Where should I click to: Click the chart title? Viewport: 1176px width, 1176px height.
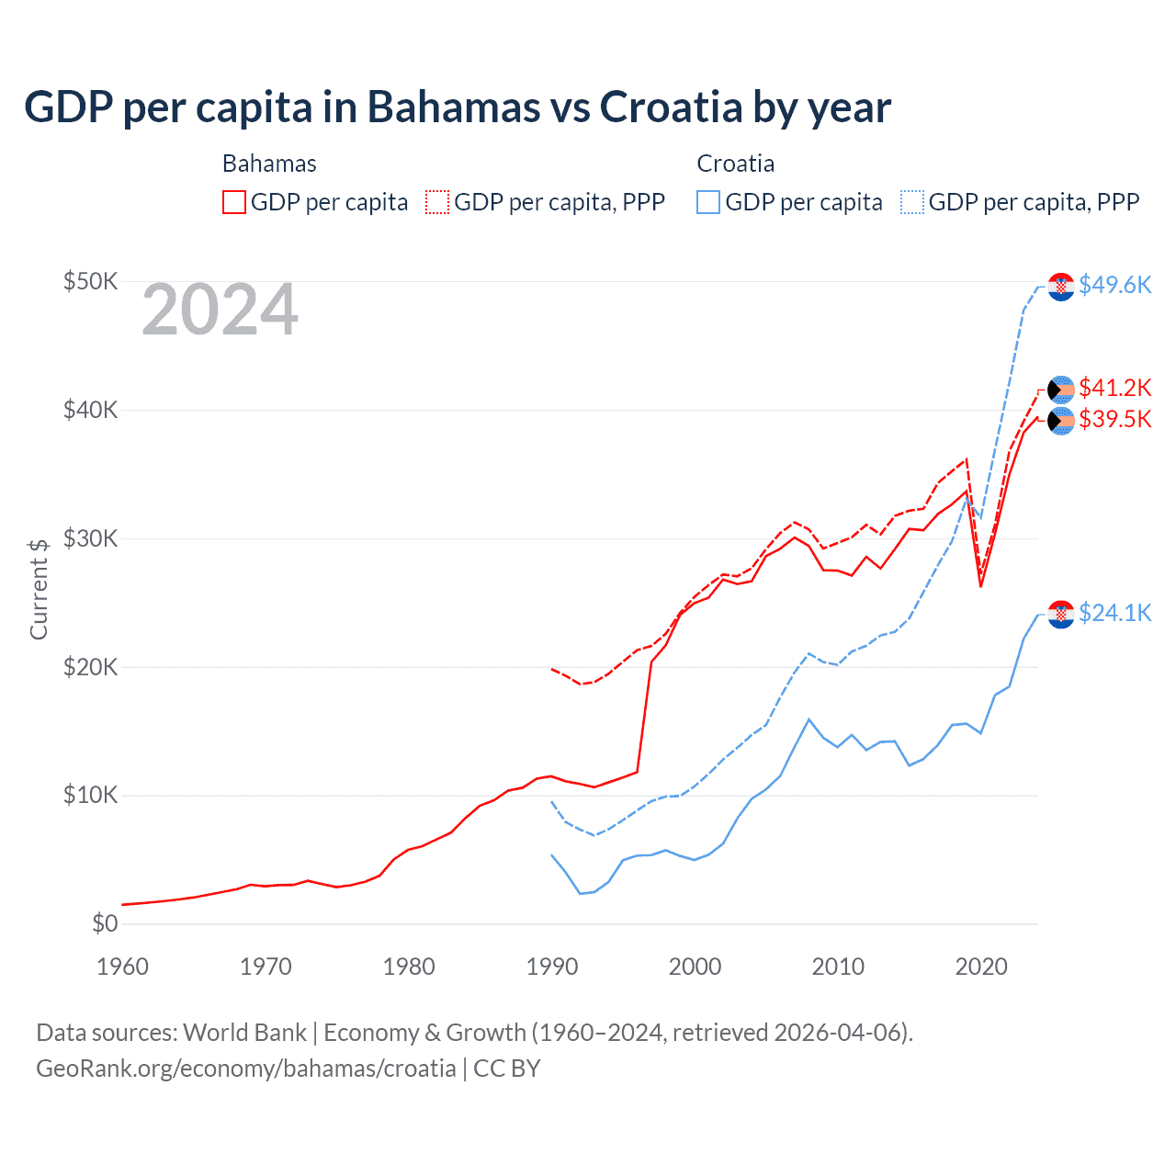458,107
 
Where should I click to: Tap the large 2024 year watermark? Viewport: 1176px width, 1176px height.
220,310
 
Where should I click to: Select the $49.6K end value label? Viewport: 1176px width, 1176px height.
1114,285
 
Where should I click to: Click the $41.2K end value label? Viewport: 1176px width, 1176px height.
1114,387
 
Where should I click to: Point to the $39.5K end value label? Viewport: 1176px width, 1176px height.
1114,419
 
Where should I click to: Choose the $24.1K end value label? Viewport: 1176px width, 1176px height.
1114,613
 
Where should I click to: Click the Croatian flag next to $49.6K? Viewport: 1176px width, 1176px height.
1061,287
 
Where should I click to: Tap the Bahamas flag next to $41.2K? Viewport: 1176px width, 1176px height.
1061,390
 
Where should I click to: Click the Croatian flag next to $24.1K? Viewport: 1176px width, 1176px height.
1061,614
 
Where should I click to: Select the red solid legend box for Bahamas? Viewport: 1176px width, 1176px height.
234,202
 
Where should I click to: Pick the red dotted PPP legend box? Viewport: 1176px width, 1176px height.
437,202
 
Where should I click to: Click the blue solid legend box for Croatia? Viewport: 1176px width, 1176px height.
708,202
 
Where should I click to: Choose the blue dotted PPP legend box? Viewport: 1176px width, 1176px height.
912,202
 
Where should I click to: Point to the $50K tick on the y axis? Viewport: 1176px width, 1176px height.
90,281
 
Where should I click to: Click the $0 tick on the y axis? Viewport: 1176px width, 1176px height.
105,923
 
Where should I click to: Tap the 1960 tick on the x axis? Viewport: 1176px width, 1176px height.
122,967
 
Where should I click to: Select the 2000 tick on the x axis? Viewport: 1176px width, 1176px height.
695,967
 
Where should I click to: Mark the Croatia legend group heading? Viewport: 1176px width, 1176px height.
735,164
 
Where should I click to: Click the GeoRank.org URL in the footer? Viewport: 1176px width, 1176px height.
246,1069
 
